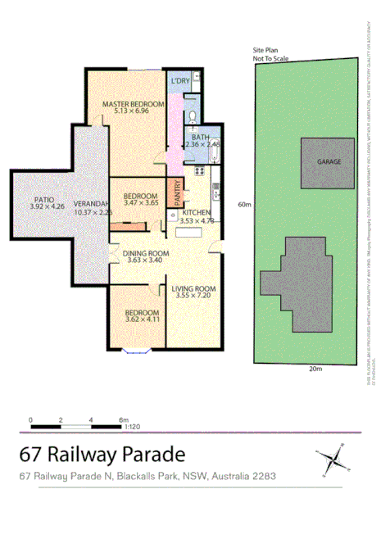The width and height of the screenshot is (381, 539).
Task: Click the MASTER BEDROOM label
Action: click(134, 105)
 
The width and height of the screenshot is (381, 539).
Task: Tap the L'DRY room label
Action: click(180, 81)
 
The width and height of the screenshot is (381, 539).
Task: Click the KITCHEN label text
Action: click(196, 212)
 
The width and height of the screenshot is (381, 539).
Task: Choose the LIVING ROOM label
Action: click(193, 288)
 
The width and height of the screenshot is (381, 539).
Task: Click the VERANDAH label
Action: click(91, 203)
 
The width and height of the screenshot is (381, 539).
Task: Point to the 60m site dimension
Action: click(243, 205)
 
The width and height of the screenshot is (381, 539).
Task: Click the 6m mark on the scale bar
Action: click(123, 420)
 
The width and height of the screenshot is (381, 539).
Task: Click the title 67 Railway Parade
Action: click(102, 454)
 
